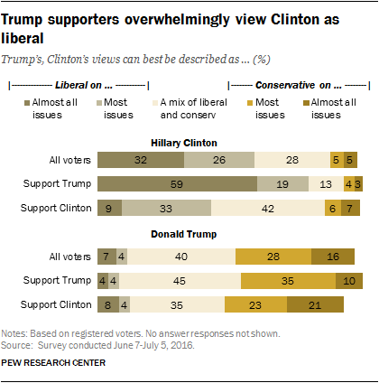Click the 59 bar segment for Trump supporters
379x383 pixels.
[177, 183]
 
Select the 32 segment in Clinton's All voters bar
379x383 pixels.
[140, 160]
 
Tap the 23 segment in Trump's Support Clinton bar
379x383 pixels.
[256, 305]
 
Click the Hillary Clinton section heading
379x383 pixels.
[189, 141]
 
